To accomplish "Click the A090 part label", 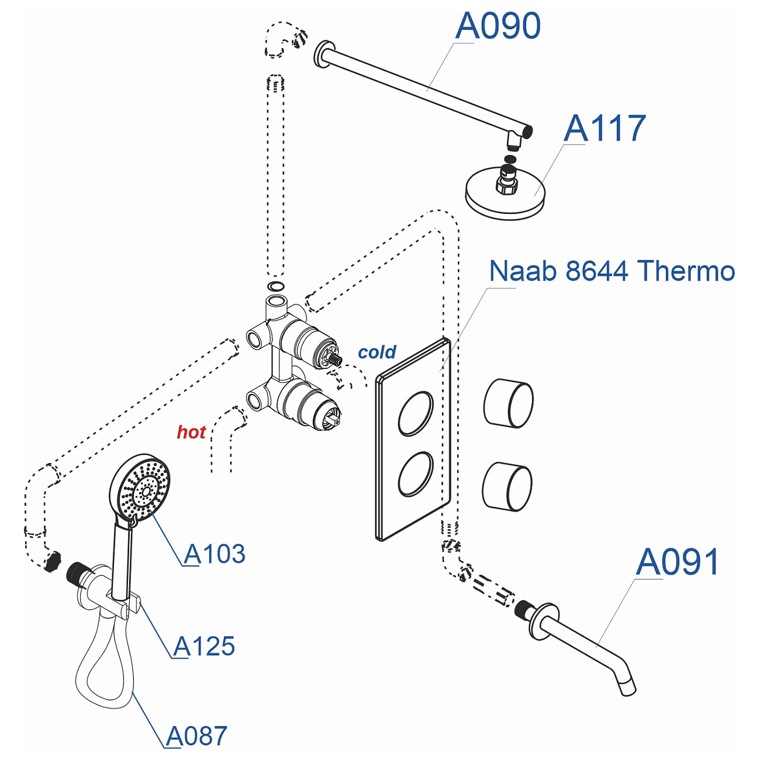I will point(498,26).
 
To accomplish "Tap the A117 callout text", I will point(604,129).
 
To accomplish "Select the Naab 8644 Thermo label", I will point(612,271).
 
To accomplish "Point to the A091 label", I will point(677,562).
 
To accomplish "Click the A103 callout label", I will point(215,554).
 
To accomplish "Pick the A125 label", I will point(204,647).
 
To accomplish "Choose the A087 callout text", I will point(196,736).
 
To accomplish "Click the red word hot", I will point(191,432).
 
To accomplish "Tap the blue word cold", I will point(377,352).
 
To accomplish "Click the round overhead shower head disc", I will point(506,196).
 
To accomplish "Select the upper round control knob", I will point(508,403).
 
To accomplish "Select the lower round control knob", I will point(507,486).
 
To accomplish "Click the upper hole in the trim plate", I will point(416,413).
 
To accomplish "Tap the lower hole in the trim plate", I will point(416,474).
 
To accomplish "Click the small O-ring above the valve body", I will point(275,286).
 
